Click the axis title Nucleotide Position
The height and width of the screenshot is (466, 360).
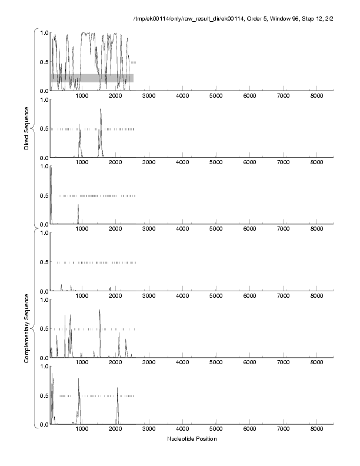click(x=192, y=438)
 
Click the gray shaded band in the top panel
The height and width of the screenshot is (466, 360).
click(x=92, y=78)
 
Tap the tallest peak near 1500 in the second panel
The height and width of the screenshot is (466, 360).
click(x=101, y=109)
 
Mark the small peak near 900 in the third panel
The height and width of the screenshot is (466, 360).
click(x=78, y=205)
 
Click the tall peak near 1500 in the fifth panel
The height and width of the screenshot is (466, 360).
click(x=100, y=311)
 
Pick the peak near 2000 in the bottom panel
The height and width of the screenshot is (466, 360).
click(x=118, y=388)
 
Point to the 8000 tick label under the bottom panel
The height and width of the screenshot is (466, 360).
click(x=318, y=430)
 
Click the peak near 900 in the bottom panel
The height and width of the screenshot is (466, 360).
click(x=78, y=380)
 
